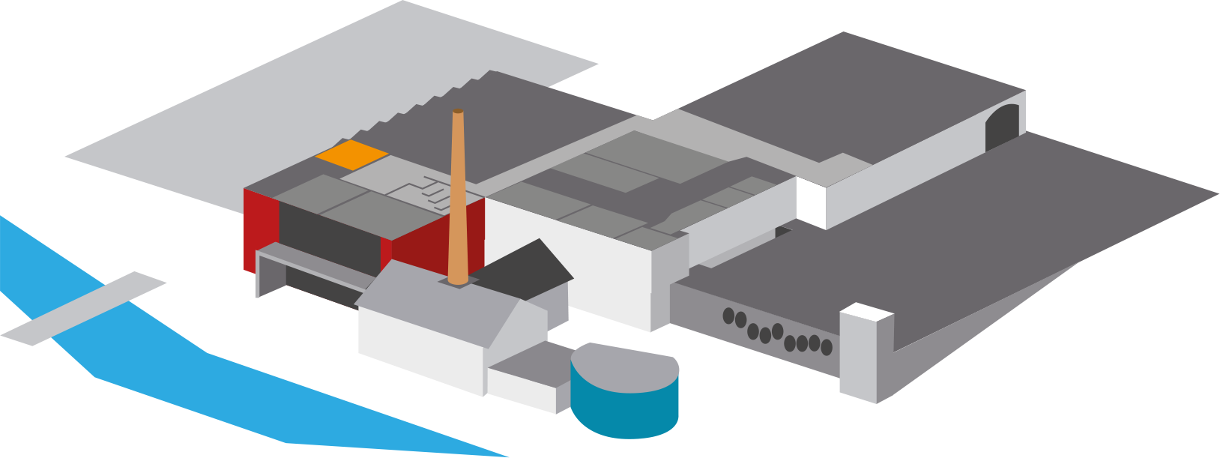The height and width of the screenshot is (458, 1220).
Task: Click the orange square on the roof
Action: point(351,154)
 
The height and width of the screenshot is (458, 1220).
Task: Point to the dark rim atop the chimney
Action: point(458,111)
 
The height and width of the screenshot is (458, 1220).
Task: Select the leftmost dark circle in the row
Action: point(728,316)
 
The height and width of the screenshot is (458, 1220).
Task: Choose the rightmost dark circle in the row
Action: point(827,347)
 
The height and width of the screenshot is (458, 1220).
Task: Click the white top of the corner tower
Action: point(866,311)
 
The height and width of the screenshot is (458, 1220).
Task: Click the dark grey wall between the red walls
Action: point(330,232)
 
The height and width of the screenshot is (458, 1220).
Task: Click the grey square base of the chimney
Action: point(458,283)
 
